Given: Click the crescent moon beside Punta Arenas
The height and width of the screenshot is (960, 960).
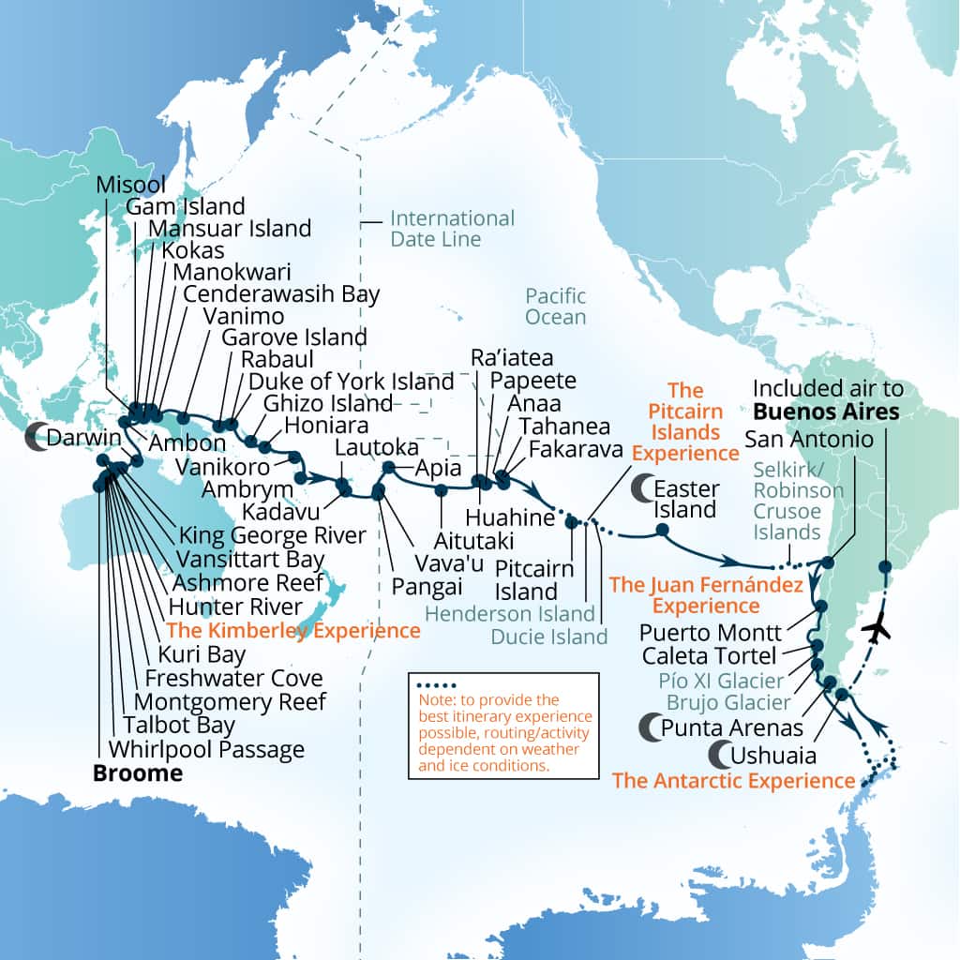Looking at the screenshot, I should click(648, 726).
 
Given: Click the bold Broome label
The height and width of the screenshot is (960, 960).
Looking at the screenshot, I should click(137, 773).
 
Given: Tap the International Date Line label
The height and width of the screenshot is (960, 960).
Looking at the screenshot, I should click(452, 229).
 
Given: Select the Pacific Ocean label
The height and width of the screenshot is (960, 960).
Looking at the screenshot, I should click(555, 307).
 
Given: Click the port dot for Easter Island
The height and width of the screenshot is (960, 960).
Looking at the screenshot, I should click(662, 530).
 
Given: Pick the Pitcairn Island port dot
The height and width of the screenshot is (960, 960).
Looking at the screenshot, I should click(571, 523).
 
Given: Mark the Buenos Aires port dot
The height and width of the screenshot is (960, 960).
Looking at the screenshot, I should click(884, 566).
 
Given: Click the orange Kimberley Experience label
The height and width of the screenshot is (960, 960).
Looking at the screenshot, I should click(292, 631).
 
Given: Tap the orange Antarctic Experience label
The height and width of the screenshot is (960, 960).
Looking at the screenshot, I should click(733, 780).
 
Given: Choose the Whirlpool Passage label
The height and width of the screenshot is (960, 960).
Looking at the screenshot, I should click(206, 750).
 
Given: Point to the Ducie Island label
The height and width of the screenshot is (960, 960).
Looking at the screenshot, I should click(549, 636).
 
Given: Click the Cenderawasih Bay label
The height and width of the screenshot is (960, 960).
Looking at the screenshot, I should click(281, 293).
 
